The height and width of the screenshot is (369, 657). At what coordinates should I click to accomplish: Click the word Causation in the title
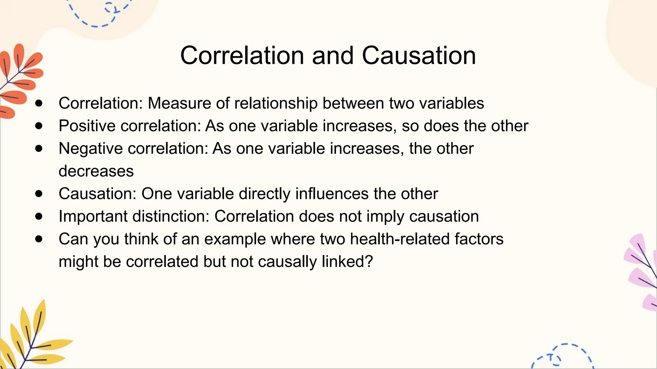click(x=419, y=56)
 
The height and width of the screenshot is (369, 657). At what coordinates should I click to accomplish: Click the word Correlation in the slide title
click(x=242, y=56)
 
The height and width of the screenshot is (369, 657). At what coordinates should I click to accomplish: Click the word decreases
click(x=96, y=171)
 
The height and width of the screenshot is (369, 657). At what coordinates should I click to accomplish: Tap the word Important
click(x=93, y=217)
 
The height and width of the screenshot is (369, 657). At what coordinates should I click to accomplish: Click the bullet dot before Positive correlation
click(x=39, y=126)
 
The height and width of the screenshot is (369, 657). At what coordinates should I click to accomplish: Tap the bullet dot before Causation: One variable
click(x=39, y=194)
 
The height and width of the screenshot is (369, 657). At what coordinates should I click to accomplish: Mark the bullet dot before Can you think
click(x=39, y=239)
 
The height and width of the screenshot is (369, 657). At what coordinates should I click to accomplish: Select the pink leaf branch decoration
click(x=642, y=272)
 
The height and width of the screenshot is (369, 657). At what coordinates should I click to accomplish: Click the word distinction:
click(x=171, y=217)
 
